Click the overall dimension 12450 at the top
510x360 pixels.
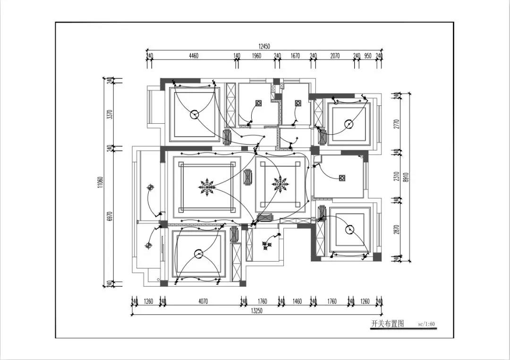click(x=264, y=47)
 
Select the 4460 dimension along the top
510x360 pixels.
click(x=193, y=56)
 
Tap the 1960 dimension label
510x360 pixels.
click(x=256, y=56)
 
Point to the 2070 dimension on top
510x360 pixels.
click(x=335, y=56)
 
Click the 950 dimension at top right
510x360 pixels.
click(x=367, y=56)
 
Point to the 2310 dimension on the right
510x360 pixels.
click(x=396, y=176)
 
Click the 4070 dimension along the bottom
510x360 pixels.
click(x=203, y=302)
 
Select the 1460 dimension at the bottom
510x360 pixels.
click(x=297, y=302)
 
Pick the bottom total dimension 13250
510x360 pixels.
click(x=256, y=311)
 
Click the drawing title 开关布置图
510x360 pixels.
click(x=387, y=324)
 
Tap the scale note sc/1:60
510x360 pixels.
click(x=426, y=324)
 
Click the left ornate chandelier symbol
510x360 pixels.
click(x=206, y=187)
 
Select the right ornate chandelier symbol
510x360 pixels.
click(x=280, y=184)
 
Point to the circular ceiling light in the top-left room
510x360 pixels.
click(x=195, y=115)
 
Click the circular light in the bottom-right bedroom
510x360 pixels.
click(x=350, y=230)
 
